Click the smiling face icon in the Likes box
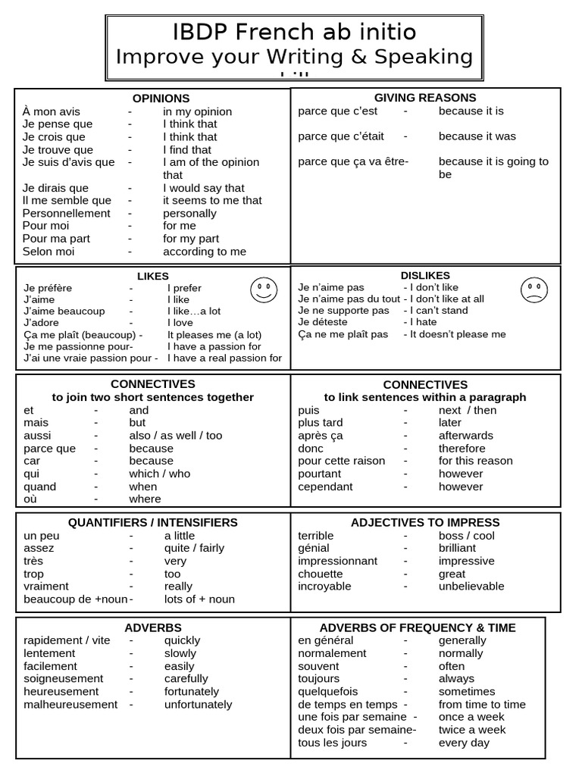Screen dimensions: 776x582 pyautogui.click(x=263, y=290)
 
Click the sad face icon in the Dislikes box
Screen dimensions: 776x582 pyautogui.click(x=534, y=290)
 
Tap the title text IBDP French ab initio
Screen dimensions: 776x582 pyautogui.click(x=294, y=32)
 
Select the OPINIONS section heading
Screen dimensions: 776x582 pyautogui.click(x=161, y=99)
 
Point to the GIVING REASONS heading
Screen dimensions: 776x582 pyautogui.click(x=425, y=98)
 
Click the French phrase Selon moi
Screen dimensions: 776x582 pyautogui.click(x=48, y=252)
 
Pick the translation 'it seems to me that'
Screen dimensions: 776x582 pyautogui.click(x=212, y=200)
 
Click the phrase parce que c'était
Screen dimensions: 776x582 pyautogui.click(x=341, y=136)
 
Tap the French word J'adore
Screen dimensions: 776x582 pyautogui.click(x=41, y=323)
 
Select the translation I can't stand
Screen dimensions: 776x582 pyautogui.click(x=439, y=311)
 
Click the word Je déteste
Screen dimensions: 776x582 pyautogui.click(x=324, y=322)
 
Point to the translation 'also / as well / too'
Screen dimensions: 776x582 pyautogui.click(x=176, y=436)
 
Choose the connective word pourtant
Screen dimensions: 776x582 pyautogui.click(x=320, y=474)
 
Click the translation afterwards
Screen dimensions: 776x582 pyautogui.click(x=465, y=436)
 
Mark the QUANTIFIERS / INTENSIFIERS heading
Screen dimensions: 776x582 pyautogui.click(x=152, y=523)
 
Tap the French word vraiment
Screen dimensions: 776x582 pyautogui.click(x=46, y=587)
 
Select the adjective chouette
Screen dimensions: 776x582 pyautogui.click(x=321, y=574)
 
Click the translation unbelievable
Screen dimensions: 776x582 pyautogui.click(x=471, y=587)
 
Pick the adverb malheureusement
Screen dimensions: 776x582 pyautogui.click(x=70, y=705)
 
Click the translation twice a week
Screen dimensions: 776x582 pyautogui.click(x=471, y=730)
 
